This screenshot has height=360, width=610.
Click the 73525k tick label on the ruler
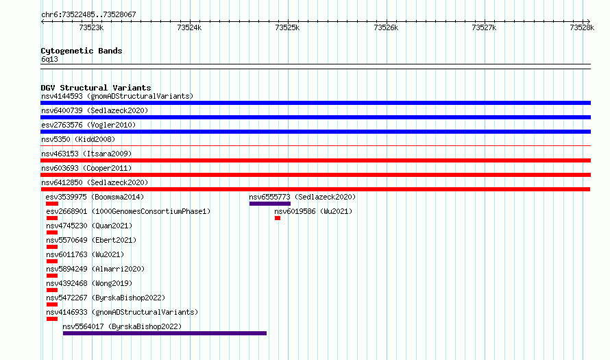[287, 27]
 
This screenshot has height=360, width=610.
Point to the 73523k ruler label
[91, 27]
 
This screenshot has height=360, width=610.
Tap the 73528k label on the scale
[582, 27]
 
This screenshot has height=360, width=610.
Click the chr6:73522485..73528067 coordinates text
[88, 15]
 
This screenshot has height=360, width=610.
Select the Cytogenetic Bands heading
[82, 51]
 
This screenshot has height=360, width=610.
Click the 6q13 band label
[49, 59]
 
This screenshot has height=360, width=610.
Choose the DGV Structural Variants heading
[96, 88]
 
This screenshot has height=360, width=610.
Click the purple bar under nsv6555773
[269, 204]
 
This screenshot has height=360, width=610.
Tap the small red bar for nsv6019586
[278, 218]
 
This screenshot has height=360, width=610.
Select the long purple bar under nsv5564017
[164, 333]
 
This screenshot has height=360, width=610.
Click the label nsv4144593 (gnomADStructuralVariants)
[117, 96]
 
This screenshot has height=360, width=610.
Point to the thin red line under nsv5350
[315, 146]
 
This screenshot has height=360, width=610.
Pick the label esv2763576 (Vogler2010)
[88, 125]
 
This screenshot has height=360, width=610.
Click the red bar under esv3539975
[51, 204]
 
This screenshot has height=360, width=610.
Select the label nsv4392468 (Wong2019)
[89, 283]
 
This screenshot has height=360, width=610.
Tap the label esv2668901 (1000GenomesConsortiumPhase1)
[128, 211]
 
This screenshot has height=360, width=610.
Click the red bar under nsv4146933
[51, 319]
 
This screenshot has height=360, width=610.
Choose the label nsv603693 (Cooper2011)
[86, 168]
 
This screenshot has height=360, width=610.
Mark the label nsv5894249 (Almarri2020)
[95, 269]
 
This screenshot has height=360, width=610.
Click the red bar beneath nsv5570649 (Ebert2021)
[51, 247]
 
